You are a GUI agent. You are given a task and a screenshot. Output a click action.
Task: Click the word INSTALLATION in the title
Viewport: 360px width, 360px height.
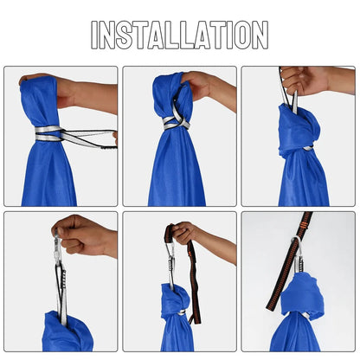180,35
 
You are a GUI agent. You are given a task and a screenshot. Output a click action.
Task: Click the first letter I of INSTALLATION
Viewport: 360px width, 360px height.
95,35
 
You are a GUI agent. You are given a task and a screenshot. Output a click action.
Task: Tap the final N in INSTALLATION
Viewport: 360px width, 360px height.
258,35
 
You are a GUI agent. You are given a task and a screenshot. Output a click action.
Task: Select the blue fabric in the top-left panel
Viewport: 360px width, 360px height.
48,173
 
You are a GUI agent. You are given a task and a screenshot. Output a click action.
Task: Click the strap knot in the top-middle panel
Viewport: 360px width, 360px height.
176,120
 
